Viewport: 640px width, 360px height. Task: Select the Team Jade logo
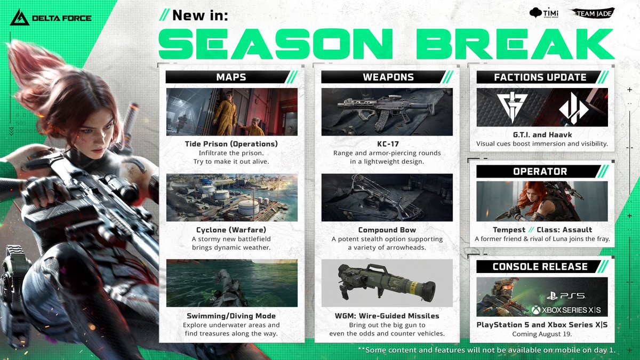[592, 13]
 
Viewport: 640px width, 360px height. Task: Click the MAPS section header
[231, 77]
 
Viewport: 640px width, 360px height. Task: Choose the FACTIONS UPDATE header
[540, 77]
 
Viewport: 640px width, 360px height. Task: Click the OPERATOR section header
[540, 171]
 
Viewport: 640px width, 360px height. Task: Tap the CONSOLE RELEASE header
[540, 266]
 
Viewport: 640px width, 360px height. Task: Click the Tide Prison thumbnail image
[231, 112]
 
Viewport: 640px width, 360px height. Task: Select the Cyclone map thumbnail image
[231, 197]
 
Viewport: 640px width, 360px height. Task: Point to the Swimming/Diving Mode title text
[231, 316]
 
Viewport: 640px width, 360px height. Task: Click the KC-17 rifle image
[387, 112]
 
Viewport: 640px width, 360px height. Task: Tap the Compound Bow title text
[387, 230]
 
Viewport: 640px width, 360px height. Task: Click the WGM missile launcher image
[387, 283]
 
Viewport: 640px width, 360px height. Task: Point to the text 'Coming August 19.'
[541, 334]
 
